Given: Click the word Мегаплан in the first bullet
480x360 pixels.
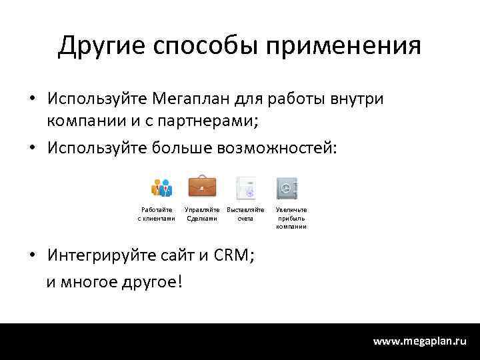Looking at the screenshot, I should [193, 99].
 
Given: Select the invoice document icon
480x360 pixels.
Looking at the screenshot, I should [246, 188].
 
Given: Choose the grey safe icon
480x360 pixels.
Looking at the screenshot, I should [287, 188].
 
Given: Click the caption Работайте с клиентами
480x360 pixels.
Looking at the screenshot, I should [157, 214].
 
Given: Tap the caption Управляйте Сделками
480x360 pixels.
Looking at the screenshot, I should [202, 214].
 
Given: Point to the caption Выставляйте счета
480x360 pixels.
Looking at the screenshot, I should [245, 214].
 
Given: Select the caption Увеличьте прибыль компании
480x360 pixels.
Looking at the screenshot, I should [291, 218].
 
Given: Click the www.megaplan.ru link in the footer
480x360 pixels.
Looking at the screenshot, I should [419, 341].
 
